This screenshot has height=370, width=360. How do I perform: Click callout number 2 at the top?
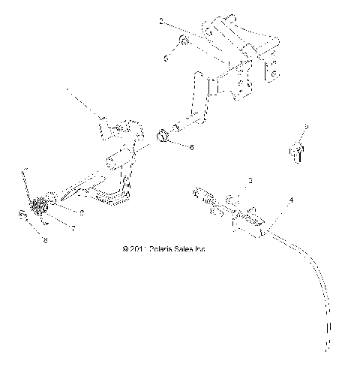[x=160, y=23]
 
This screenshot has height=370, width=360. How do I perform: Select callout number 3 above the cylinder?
[x=250, y=182]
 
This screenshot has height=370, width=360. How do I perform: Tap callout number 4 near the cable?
[x=292, y=200]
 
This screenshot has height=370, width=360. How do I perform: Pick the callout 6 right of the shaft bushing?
[x=191, y=148]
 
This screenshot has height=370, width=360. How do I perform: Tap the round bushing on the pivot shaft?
[x=162, y=137]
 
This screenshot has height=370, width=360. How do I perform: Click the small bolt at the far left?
[x=23, y=218]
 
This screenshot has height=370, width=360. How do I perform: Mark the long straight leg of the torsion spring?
[x=27, y=182]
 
